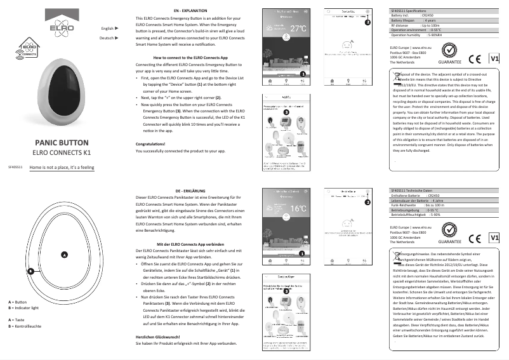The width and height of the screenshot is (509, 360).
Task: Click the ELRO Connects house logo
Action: click(x=26, y=49)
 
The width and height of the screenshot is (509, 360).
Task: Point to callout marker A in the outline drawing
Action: click(x=63, y=255)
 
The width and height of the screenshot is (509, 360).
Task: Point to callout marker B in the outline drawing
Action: click(x=30, y=271)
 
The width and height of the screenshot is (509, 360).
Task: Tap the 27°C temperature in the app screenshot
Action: click(x=298, y=29)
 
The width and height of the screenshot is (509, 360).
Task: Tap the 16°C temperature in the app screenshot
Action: click(x=298, y=208)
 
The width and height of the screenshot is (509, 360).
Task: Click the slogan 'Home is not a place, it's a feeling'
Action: click(x=62, y=168)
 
